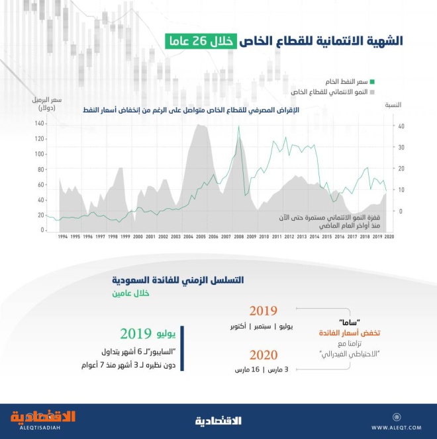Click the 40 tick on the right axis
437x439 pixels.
click(x=401, y=126)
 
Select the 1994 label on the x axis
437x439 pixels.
click(x=62, y=236)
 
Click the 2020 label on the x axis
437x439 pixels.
click(x=389, y=236)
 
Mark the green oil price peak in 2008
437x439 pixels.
click(x=238, y=128)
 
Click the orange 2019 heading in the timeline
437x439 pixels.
click(x=263, y=311)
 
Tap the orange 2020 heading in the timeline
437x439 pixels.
click(x=263, y=354)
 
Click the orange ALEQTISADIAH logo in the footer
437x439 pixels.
click(x=43, y=419)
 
